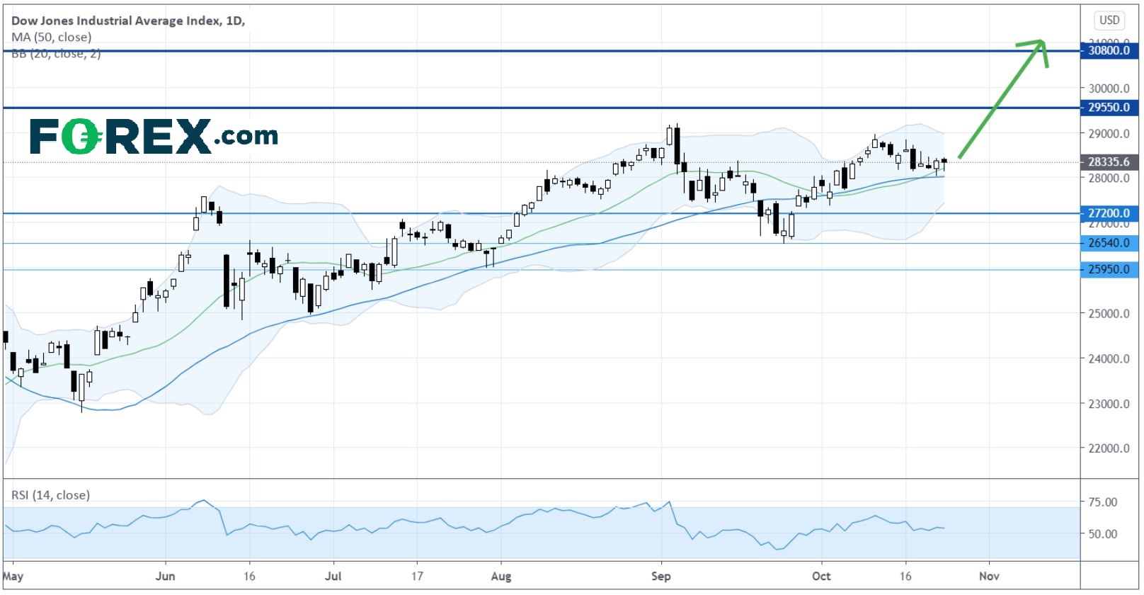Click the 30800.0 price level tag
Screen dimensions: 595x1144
tap(1109, 50)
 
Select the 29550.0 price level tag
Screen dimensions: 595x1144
tap(1109, 108)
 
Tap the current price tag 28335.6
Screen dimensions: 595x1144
tap(1109, 162)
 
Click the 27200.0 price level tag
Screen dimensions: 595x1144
tap(1109, 213)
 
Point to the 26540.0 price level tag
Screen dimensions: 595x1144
tap(1109, 243)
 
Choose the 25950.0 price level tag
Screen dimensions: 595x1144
tap(1109, 269)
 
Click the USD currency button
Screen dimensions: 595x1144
tap(1109, 20)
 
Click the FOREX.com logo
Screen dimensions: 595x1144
tap(154, 136)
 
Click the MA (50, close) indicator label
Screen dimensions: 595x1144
tap(51, 37)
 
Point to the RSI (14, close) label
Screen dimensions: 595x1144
tap(50, 495)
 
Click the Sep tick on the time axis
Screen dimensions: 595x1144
tap(660, 576)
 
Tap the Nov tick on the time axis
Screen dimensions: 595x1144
tap(989, 576)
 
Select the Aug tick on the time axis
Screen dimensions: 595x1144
tap(500, 576)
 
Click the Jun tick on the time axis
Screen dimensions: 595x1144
tap(165, 576)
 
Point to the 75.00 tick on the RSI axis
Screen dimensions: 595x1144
tap(1103, 502)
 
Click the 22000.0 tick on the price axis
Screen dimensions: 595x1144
tap(1109, 448)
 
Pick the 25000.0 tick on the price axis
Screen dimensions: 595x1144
tap(1109, 314)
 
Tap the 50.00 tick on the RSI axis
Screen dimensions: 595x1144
tap(1103, 534)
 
